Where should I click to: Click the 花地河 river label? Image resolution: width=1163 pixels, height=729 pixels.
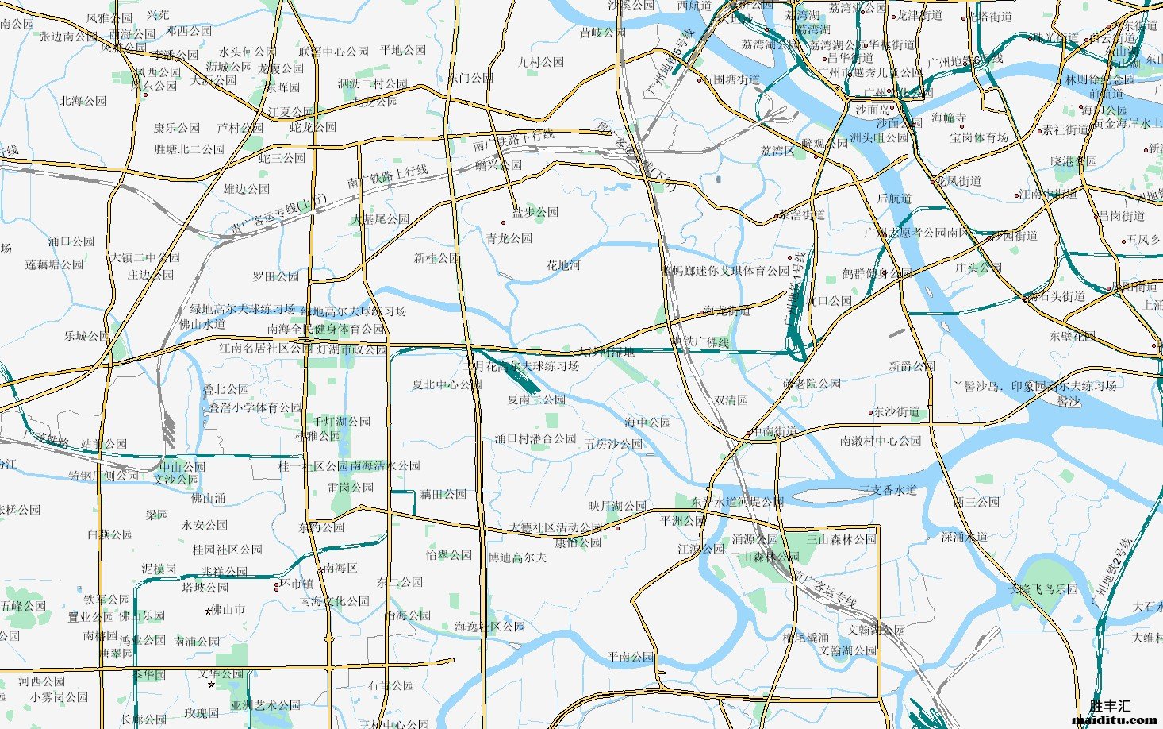pyautogui.click(x=562, y=265)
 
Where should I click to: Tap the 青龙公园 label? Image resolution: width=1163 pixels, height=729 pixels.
pyautogui.click(x=509, y=238)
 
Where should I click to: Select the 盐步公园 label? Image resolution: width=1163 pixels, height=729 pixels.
pyautogui.click(x=535, y=213)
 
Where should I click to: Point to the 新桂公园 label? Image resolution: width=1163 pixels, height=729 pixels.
pyautogui.click(x=436, y=258)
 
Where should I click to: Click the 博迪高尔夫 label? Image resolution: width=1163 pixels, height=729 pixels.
pyautogui.click(x=517, y=558)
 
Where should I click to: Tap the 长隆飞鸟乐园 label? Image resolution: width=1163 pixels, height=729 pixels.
pyautogui.click(x=1043, y=589)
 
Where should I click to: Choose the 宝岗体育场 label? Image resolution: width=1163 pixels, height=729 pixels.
pyautogui.click(x=979, y=137)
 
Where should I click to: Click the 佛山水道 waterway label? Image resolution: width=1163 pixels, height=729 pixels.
pyautogui.click(x=202, y=324)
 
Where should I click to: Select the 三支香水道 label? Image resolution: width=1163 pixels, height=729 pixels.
pyautogui.click(x=888, y=490)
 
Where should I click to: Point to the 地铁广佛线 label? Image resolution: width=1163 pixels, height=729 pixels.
pyautogui.click(x=700, y=342)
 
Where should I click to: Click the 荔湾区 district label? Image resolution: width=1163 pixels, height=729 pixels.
pyautogui.click(x=777, y=151)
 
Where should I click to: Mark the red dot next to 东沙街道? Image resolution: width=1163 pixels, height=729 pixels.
pyautogui.click(x=870, y=412)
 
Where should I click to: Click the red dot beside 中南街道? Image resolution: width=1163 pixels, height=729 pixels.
pyautogui.click(x=749, y=433)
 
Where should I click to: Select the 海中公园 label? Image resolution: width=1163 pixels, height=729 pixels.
pyautogui.click(x=647, y=422)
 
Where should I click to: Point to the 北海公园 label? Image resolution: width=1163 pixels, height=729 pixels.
pyautogui.click(x=83, y=101)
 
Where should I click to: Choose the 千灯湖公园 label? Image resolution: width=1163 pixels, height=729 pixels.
pyautogui.click(x=342, y=422)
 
